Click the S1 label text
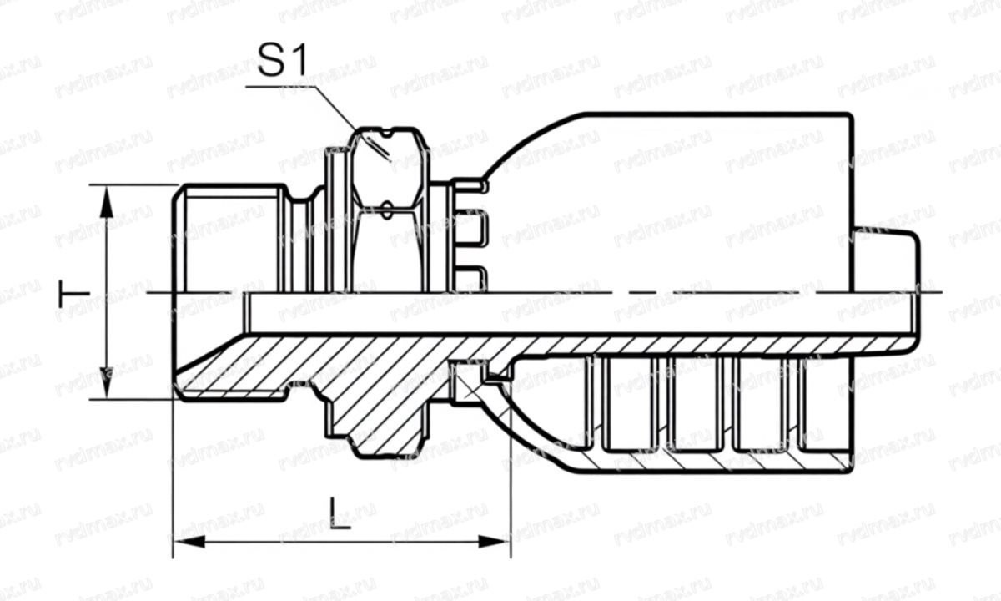point(283,63)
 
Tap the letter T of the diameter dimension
point(73,293)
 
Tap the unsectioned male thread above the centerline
point(229,238)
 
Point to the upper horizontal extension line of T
point(133,185)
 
